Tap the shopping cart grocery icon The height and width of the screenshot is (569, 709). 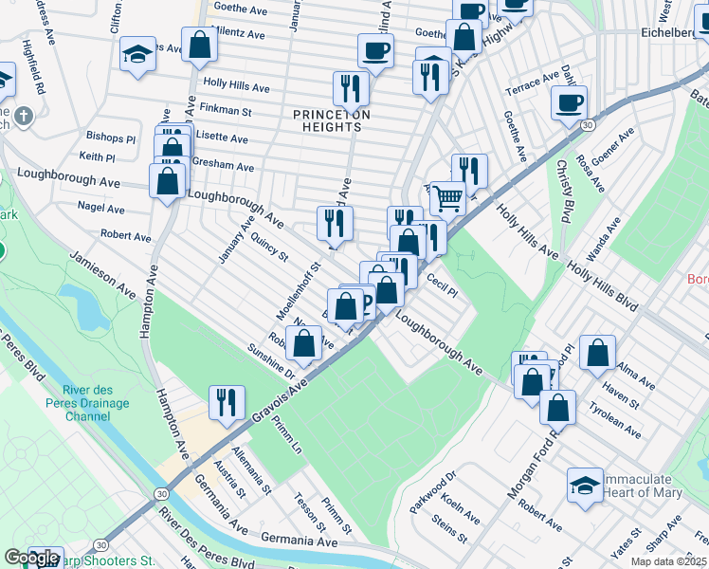click(448, 198)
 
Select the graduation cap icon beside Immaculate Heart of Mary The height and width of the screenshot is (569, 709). click(585, 485)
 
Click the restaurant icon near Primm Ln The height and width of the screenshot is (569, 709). click(227, 402)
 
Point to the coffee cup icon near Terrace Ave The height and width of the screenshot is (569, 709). click(569, 102)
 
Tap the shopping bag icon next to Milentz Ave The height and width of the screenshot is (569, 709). click(199, 45)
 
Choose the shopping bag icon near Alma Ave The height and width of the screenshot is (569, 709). click(597, 352)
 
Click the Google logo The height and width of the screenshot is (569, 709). click(31, 558)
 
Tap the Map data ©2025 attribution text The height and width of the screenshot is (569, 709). click(669, 561)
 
